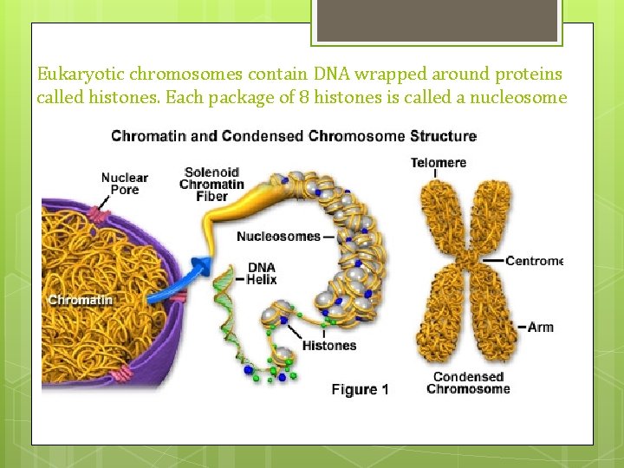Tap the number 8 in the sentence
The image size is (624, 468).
pyautogui.click(x=305, y=97)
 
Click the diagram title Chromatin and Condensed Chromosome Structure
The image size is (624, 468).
pyautogui.click(x=294, y=136)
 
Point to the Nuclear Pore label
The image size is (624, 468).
pyautogui.click(x=125, y=184)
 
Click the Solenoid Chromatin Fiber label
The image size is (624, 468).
pyautogui.click(x=211, y=184)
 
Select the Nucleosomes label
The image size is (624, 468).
pyautogui.click(x=277, y=236)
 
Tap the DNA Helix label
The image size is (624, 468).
pyautogui.click(x=262, y=273)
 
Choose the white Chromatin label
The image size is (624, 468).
pyautogui.click(x=81, y=300)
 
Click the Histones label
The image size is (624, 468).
pyautogui.click(x=328, y=346)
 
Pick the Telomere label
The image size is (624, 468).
pyautogui.click(x=438, y=163)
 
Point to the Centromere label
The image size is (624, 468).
pyautogui.click(x=533, y=260)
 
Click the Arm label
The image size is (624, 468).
pyautogui.click(x=540, y=327)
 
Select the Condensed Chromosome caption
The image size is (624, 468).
pyautogui.click(x=468, y=383)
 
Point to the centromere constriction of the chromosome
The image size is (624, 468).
pyautogui.click(x=468, y=259)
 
